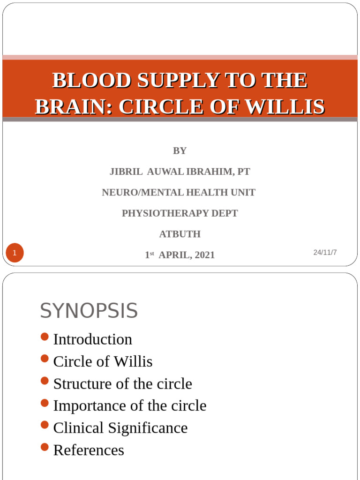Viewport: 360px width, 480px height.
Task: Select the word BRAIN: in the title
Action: pyautogui.click(x=74, y=107)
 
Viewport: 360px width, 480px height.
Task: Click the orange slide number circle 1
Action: pyautogui.click(x=15, y=254)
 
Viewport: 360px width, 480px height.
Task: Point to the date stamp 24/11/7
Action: pyautogui.click(x=325, y=252)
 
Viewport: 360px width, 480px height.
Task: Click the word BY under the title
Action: pyautogui.click(x=180, y=150)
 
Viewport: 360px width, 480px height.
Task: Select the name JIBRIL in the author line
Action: pyautogui.click(x=126, y=172)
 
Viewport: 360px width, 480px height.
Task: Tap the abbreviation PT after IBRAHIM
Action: pyautogui.click(x=243, y=172)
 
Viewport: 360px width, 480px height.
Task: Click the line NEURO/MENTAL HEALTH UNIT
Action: pyautogui.click(x=179, y=192)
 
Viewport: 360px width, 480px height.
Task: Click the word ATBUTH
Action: pyautogui.click(x=180, y=234)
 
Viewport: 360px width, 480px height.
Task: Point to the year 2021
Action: pyautogui.click(x=204, y=255)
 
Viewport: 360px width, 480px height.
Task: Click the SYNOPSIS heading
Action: pyautogui.click(x=89, y=311)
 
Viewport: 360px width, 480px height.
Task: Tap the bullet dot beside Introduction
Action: pyautogui.click(x=45, y=337)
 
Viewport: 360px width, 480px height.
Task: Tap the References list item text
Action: pyautogui.click(x=89, y=450)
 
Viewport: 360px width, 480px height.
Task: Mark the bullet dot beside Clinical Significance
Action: pyautogui.click(x=45, y=425)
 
